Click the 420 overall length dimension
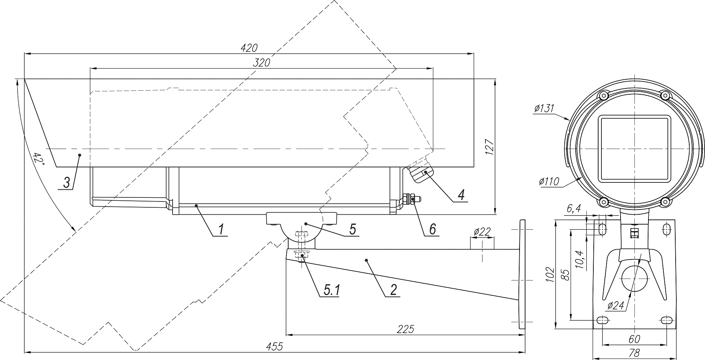[x=249, y=48]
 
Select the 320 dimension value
[x=261, y=63]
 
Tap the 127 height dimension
[x=490, y=147]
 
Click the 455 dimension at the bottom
[x=275, y=346]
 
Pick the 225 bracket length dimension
[x=405, y=329]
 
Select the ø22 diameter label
[x=482, y=232]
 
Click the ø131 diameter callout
[x=544, y=109]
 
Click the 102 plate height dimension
[x=549, y=274]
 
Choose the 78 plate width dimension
[x=634, y=353]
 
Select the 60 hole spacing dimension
[x=634, y=339]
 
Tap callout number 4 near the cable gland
[x=461, y=194]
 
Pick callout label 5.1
[x=332, y=290]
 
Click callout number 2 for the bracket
[x=393, y=290]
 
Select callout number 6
[x=432, y=229]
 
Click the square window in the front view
[x=634, y=149]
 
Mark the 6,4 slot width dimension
[x=574, y=209]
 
